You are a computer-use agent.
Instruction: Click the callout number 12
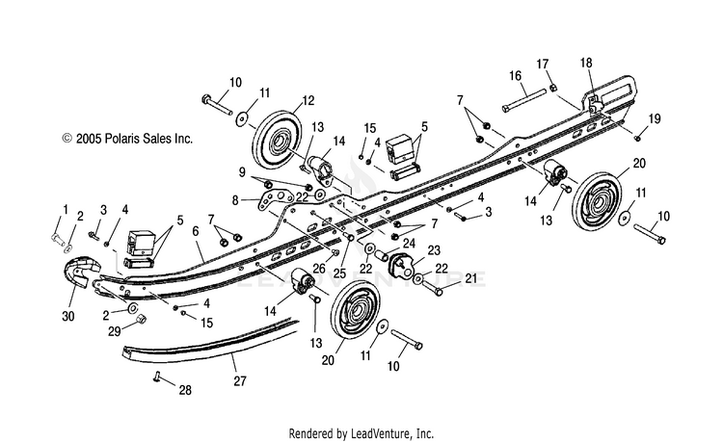tap(308, 100)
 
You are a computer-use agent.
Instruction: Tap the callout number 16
tap(515, 76)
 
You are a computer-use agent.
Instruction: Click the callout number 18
tap(586, 63)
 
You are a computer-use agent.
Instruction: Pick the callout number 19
tap(655, 119)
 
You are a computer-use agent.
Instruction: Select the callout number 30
tap(68, 316)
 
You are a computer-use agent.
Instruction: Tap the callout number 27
tap(240, 381)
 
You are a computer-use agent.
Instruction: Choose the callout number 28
tap(185, 390)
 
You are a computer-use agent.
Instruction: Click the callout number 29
tap(115, 331)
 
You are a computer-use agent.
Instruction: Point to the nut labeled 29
tap(141, 319)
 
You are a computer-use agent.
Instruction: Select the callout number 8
tap(235, 200)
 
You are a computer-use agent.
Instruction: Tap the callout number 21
tap(470, 278)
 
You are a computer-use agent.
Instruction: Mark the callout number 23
tap(434, 250)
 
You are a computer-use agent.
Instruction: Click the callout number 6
tap(196, 231)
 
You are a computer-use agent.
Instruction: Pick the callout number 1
tap(66, 210)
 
